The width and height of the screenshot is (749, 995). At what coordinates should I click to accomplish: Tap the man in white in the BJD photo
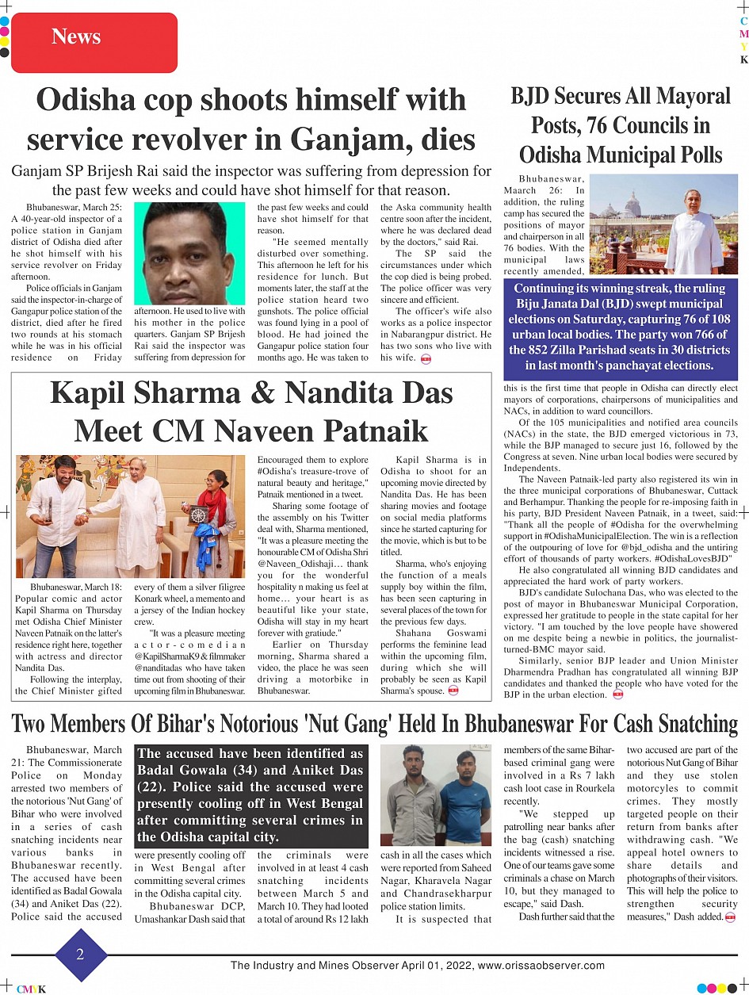tap(694, 232)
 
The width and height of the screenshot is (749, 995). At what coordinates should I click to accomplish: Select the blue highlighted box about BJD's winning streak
tap(620, 327)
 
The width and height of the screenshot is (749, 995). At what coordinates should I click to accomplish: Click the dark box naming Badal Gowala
tap(250, 794)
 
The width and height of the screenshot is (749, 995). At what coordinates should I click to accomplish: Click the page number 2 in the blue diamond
tap(80, 955)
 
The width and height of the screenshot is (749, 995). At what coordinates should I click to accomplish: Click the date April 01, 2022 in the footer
tap(433, 966)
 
